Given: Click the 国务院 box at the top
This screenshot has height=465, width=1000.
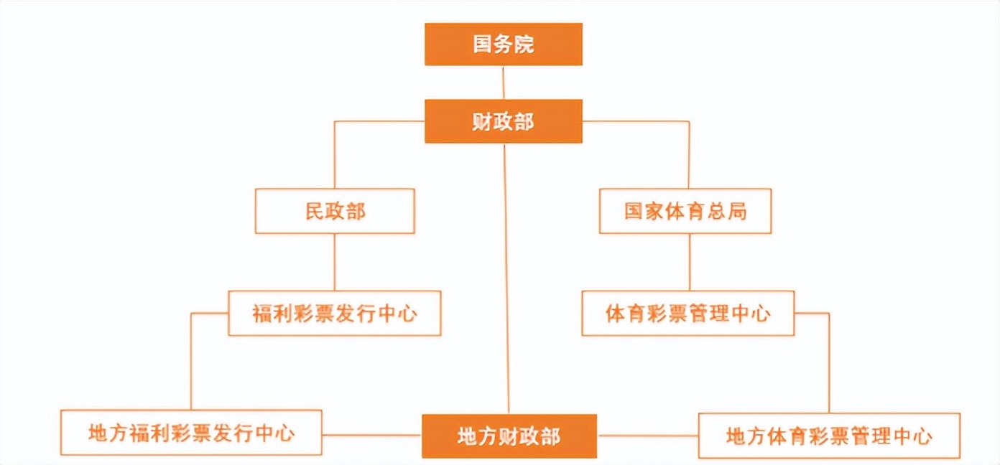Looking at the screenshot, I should [503, 44].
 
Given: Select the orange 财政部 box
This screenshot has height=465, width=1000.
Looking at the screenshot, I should [503, 121].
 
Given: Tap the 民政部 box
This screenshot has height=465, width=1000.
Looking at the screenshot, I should [335, 211].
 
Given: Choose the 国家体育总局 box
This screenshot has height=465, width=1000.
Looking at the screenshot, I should [685, 211].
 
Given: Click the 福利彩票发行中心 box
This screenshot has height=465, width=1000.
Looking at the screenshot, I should [335, 314].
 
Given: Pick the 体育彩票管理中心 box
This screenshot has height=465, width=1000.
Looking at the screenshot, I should [687, 314].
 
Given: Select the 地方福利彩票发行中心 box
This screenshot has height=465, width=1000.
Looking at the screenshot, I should [191, 433].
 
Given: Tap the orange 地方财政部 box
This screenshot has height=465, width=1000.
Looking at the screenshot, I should [509, 436].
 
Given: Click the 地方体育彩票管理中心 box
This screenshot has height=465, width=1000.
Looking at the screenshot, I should [829, 436].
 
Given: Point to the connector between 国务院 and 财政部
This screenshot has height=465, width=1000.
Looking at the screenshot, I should [503, 83].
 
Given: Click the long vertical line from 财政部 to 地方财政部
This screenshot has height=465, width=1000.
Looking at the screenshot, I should [506, 280].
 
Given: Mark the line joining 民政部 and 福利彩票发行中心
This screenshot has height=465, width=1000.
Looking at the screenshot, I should [335, 262].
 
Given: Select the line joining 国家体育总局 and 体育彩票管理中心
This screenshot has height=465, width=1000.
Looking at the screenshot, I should [690, 262].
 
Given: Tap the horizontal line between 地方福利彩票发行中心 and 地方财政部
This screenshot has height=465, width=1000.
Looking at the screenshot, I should [371, 435].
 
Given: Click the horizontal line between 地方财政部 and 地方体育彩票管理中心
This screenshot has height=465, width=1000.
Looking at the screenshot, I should [647, 436].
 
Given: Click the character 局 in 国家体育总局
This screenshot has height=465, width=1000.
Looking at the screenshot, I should [736, 212].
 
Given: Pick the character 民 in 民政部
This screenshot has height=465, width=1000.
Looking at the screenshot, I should [315, 212].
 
